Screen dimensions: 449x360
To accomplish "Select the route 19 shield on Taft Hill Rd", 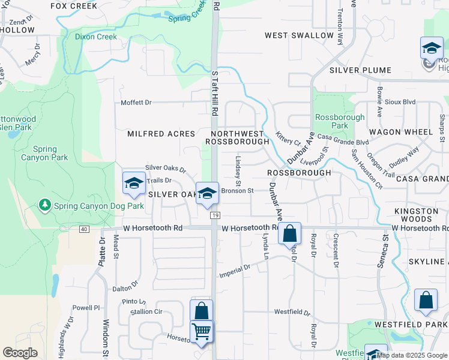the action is coord(213,215).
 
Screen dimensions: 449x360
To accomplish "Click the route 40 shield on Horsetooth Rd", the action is coord(83,229).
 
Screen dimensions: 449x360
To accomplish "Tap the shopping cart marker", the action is coord(202,331).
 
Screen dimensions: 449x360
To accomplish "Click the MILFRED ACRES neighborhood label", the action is coord(161,134).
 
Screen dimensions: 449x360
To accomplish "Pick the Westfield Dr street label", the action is coord(292,313).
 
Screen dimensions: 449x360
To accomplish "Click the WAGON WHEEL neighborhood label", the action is coord(401,132).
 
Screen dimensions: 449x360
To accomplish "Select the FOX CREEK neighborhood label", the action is coord(74,6).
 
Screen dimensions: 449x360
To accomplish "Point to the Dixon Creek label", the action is coord(95,36).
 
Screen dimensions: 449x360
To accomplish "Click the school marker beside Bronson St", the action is coord(207,193).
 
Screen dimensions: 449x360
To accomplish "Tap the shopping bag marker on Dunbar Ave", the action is coord(289,233).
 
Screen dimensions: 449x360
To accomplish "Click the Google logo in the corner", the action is coord(20,353).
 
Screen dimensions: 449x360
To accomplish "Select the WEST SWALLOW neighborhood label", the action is coord(299,35).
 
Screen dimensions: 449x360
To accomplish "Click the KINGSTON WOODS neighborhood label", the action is coord(421,215).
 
